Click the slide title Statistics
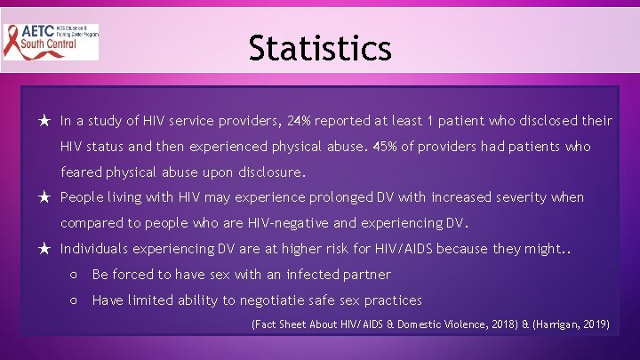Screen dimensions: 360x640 (320, 47)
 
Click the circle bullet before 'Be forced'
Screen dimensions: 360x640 (75, 275)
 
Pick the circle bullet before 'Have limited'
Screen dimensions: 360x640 (75, 300)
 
